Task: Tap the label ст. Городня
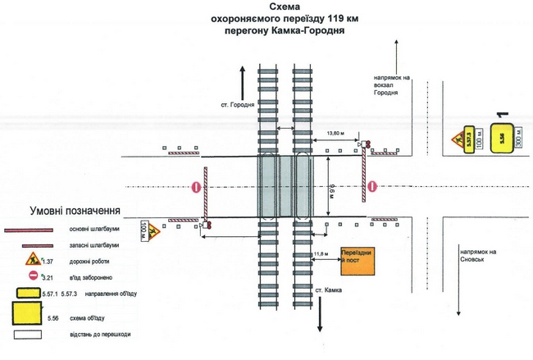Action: click(239, 105)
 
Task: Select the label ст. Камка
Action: click(329, 291)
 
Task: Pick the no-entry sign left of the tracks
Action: click(197, 188)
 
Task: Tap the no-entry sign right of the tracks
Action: click(372, 187)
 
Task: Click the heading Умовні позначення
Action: click(75, 210)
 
